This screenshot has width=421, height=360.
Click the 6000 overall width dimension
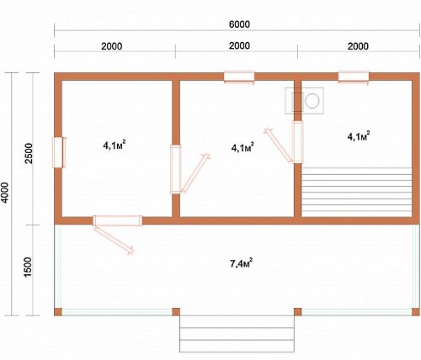tap(239, 24)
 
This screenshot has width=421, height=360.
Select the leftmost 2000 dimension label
tap(112, 46)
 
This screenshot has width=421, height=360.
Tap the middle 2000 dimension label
tap(239, 45)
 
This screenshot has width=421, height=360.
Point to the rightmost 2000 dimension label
tap(358, 46)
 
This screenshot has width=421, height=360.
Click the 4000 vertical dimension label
tap(5, 193)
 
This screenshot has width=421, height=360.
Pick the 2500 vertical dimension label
tap(29, 153)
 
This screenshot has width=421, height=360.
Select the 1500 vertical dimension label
tap(29, 267)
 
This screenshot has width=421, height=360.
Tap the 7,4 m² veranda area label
tap(241, 263)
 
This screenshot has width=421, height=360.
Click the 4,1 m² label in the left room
tap(114, 146)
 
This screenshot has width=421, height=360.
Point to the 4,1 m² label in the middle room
tap(242, 147)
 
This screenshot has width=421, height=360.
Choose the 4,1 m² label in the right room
tap(359, 136)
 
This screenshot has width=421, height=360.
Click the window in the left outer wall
tap(59, 152)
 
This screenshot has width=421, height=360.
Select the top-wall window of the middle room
tap(239, 77)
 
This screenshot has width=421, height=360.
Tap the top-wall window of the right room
tap(354, 77)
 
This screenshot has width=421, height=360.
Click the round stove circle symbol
tap(312, 101)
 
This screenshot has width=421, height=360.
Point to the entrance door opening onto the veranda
tap(117, 220)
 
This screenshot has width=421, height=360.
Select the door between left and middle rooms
tap(176, 169)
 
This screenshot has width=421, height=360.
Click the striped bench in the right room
tap(356, 192)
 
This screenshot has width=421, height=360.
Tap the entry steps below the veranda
tap(237, 334)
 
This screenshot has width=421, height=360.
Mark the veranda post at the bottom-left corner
tap(58, 312)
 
